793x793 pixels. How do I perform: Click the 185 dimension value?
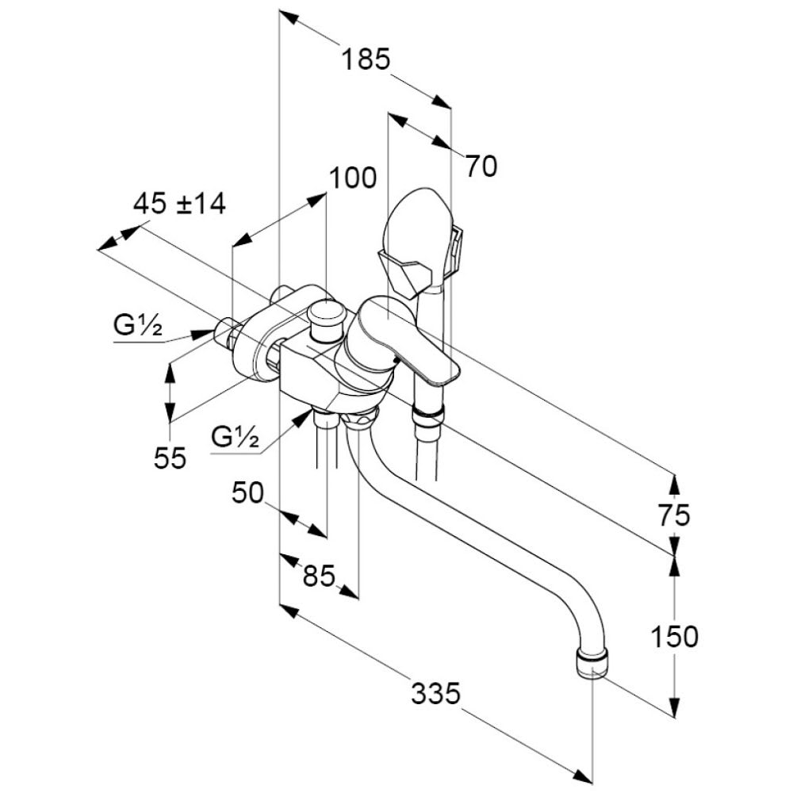tap(366, 59)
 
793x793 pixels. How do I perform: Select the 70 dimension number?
tap(481, 166)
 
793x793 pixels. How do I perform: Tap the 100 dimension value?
tap(352, 178)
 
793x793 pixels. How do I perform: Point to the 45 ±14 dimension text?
tap(179, 204)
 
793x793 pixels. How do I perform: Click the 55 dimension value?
tap(170, 458)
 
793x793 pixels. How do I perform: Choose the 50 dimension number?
tap(247, 493)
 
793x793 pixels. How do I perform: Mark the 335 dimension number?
tap(435, 694)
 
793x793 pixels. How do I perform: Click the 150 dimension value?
tap(674, 635)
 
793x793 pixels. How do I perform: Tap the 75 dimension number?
tap(674, 515)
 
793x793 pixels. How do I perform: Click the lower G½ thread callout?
tap(236, 436)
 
